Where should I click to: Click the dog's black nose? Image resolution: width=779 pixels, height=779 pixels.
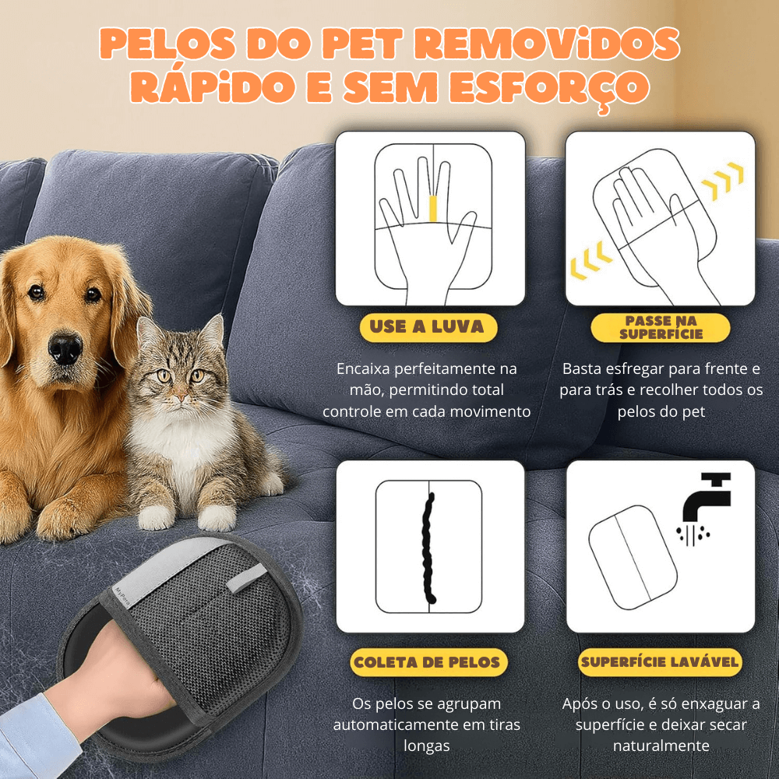point(65,347)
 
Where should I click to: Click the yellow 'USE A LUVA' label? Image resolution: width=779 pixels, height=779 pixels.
point(427,327)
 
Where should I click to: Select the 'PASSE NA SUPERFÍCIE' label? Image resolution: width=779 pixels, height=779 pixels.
point(661,327)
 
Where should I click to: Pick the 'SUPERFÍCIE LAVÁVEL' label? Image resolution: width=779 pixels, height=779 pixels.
point(660,663)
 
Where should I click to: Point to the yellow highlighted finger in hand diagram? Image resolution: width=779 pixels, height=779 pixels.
point(433,208)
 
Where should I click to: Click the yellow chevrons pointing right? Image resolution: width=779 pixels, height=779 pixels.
point(722,180)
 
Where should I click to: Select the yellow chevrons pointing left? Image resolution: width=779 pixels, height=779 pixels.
point(590,262)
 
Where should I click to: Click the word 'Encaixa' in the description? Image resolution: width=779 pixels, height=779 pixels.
point(365,368)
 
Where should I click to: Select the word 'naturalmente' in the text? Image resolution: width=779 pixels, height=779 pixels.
point(660,746)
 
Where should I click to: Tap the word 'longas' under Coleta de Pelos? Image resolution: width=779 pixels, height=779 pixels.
point(427,746)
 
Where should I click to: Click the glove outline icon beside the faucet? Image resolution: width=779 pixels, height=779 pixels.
point(630,555)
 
